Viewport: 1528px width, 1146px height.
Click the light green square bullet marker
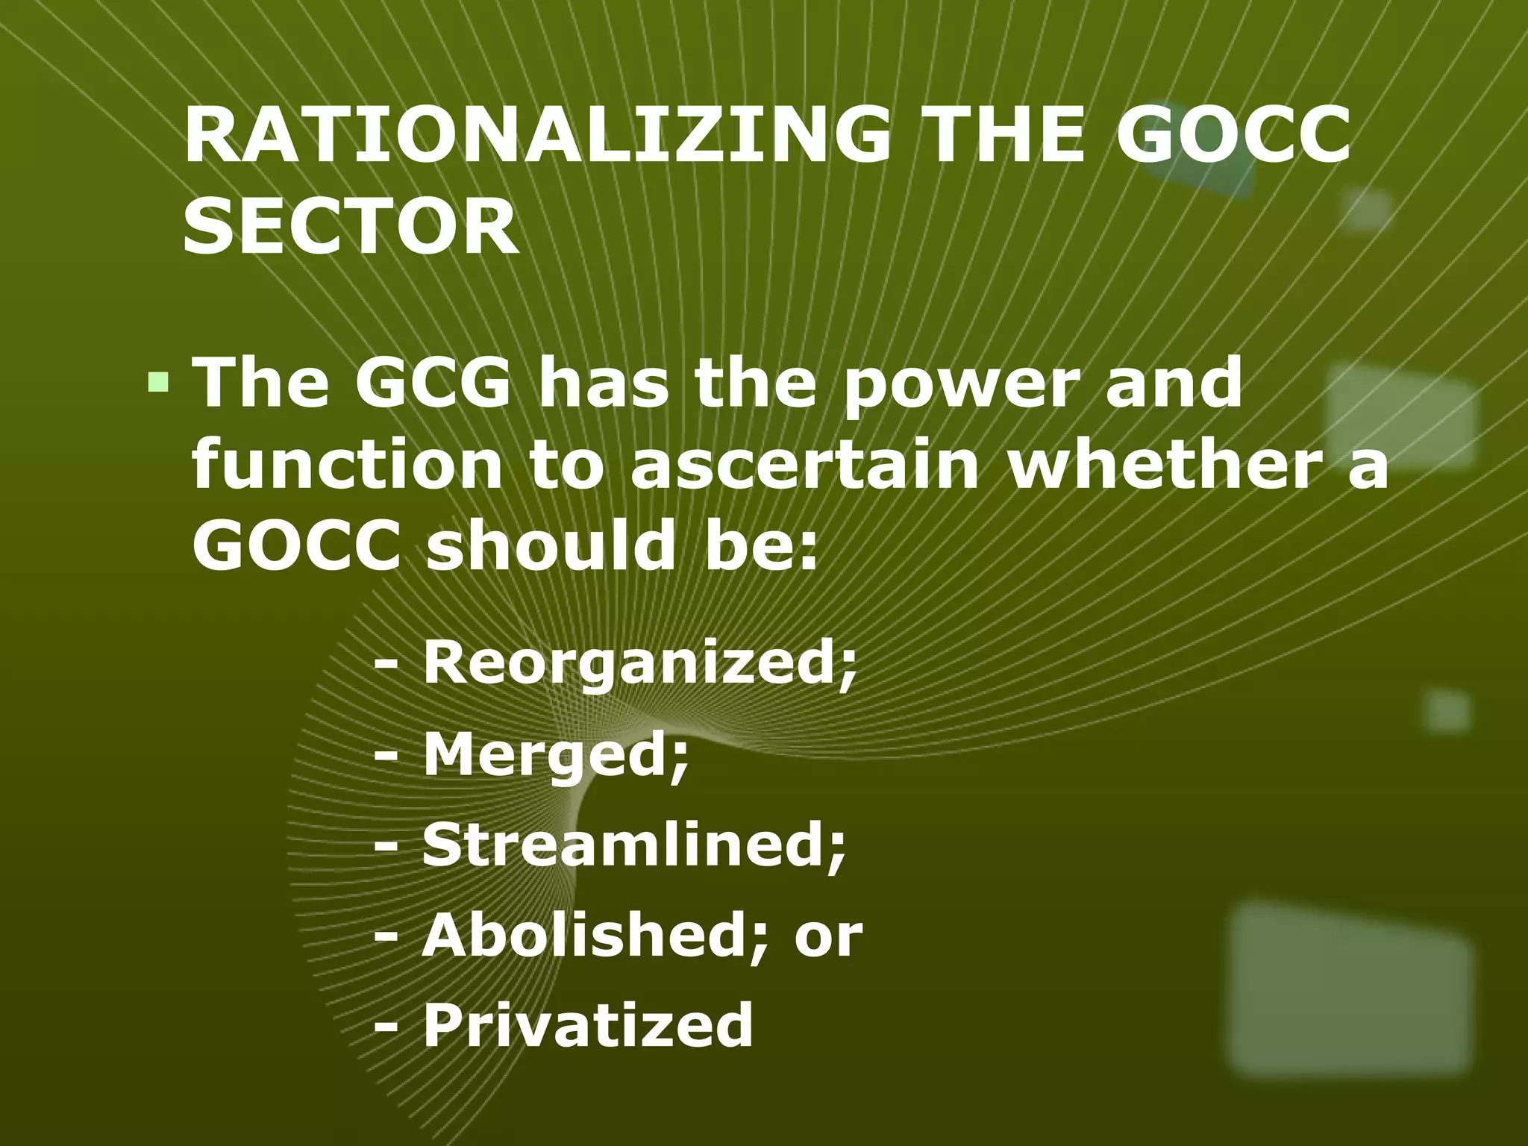click(x=157, y=383)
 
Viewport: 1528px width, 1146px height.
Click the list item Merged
click(x=555, y=755)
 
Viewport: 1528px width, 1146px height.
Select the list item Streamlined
click(x=634, y=845)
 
